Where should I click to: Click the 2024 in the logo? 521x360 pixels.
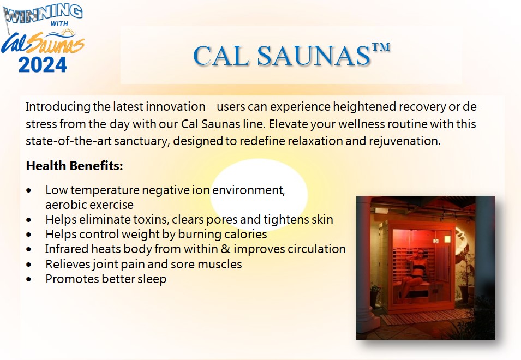point(43,65)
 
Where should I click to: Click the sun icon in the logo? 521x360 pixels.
point(68,33)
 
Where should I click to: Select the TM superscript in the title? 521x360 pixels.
point(381,47)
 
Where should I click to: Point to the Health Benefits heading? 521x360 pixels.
point(74,166)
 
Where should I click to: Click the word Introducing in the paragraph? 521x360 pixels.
point(58,107)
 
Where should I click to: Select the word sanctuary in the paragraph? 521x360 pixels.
point(142,141)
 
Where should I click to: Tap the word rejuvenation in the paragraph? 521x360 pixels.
point(404,141)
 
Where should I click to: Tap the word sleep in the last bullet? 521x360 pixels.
point(152,279)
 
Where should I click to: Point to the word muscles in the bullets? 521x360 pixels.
point(220,265)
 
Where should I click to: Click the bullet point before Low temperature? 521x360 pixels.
point(29,190)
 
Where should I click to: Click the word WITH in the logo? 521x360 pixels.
point(59,24)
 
